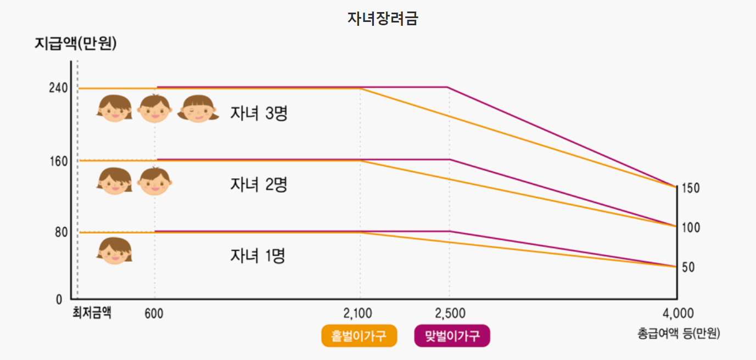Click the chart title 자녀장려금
[383, 19]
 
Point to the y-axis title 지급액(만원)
[76, 44]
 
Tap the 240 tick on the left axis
[58, 88]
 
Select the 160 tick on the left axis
[58, 161]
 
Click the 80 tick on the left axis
[60, 233]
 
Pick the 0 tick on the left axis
[59, 300]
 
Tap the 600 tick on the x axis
[154, 313]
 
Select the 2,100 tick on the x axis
[357, 313]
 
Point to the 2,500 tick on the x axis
[450, 313]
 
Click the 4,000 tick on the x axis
[678, 313]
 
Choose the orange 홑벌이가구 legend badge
[359, 336]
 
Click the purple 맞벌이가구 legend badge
[452, 336]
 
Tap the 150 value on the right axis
[690, 188]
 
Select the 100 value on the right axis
[690, 228]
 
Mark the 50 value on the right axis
[688, 267]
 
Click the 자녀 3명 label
[259, 114]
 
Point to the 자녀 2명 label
[259, 184]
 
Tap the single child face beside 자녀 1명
[115, 251]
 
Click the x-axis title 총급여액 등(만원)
[679, 333]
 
